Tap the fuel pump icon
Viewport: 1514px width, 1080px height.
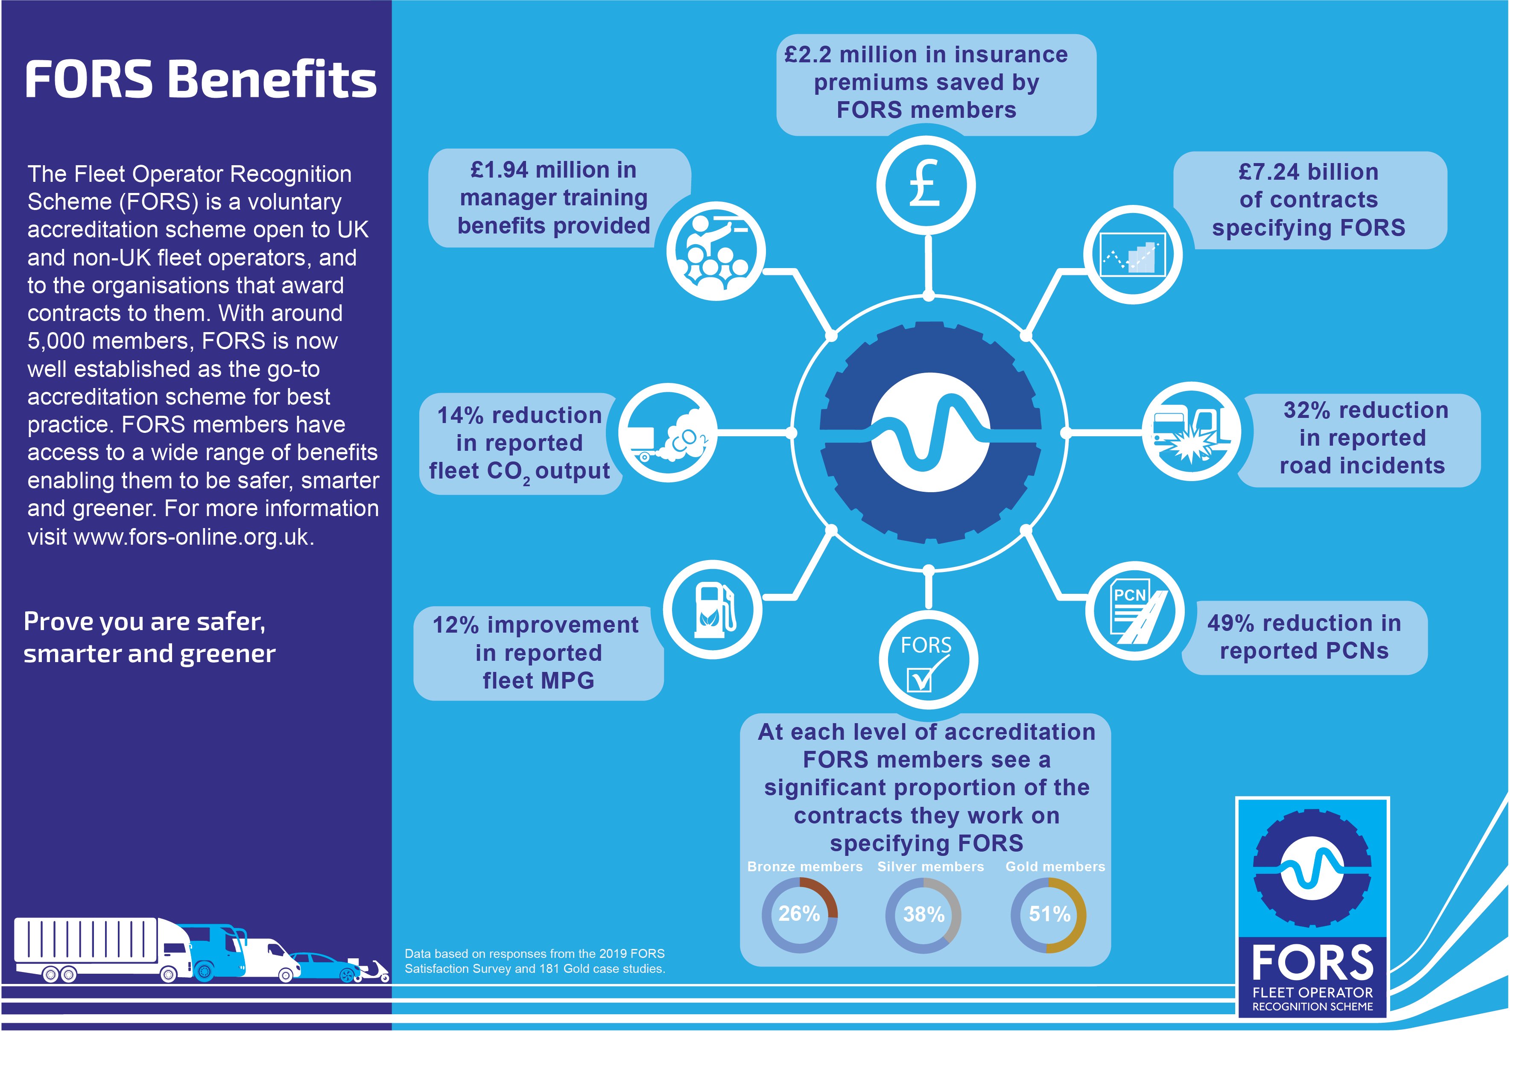point(713,609)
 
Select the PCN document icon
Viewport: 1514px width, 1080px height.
point(1135,610)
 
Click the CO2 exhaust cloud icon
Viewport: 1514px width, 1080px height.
point(668,432)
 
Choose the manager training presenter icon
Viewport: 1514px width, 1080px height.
point(716,251)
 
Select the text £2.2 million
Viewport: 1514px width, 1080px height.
point(862,55)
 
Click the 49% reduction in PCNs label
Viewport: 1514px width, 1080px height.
point(1304,636)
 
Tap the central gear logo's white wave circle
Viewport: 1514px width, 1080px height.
point(930,432)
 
